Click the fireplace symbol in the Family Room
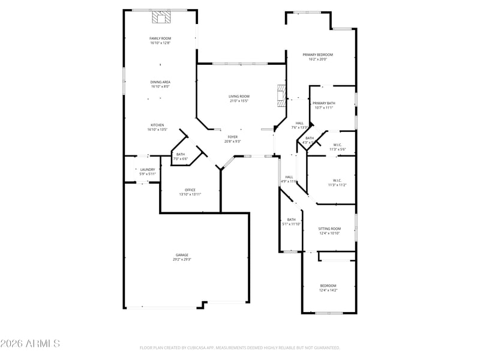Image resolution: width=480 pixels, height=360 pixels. coord(160,19)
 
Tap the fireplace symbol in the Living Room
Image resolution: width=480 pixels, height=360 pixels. coord(280,95)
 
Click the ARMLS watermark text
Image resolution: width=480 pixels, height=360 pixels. coord(30,344)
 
